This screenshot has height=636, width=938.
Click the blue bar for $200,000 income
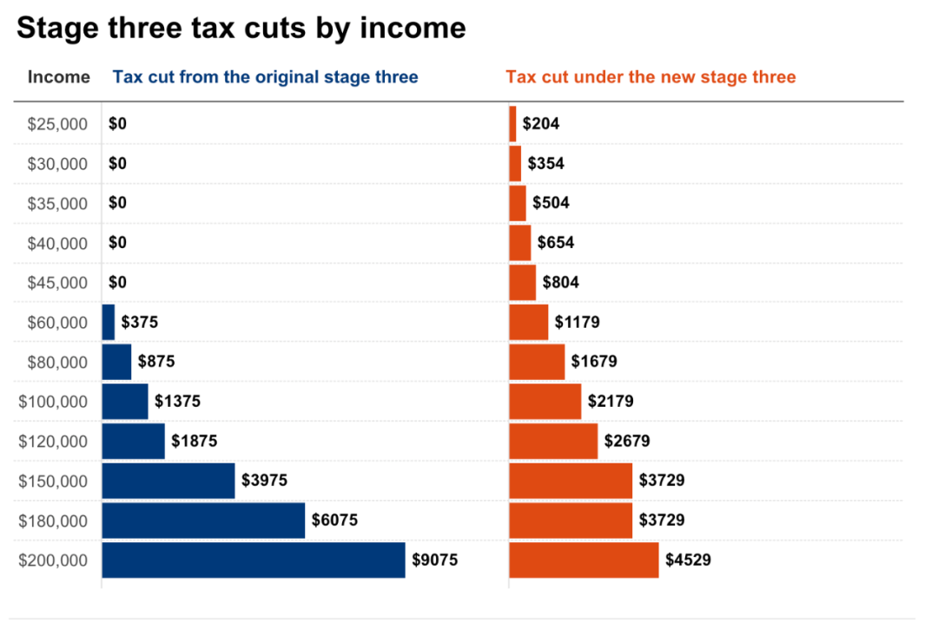pyautogui.click(x=254, y=561)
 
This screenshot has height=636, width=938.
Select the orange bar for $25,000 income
pyautogui.click(x=512, y=124)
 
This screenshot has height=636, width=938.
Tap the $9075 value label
pyautogui.click(x=434, y=561)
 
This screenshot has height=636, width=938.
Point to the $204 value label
pyautogui.click(x=541, y=124)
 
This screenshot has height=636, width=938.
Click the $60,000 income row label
pyautogui.click(x=57, y=323)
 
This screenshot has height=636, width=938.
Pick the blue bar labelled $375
pyautogui.click(x=109, y=323)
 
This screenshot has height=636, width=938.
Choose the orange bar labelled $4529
pyautogui.click(x=584, y=561)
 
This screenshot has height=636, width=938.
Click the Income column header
pyautogui.click(x=58, y=77)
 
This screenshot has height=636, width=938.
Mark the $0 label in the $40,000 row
pyautogui.click(x=117, y=243)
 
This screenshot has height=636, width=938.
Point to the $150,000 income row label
pyautogui.click(x=53, y=481)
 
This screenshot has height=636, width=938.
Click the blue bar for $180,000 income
pyautogui.click(x=203, y=521)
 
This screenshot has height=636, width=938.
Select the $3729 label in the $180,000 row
pyautogui.click(x=662, y=521)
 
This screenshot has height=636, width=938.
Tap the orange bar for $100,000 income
pyautogui.click(x=545, y=402)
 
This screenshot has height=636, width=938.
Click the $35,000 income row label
pyautogui.click(x=57, y=204)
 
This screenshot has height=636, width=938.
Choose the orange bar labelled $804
pyautogui.click(x=522, y=283)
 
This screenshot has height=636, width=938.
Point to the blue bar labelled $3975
pyautogui.click(x=168, y=481)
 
